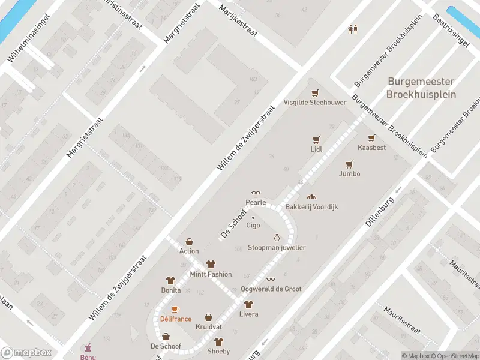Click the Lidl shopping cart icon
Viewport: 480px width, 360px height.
pyautogui.click(x=316, y=139)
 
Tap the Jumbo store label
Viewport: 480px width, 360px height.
pyautogui.click(x=349, y=174)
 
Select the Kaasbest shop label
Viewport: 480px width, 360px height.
pyautogui.click(x=371, y=148)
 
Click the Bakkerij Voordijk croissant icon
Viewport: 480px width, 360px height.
pyautogui.click(x=311, y=196)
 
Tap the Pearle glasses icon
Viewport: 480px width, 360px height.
pyautogui.click(x=256, y=193)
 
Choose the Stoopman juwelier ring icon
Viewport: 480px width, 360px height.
pyautogui.click(x=277, y=238)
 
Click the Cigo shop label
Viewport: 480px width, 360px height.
pyautogui.click(x=253, y=226)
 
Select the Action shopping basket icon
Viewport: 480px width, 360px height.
pyautogui.click(x=189, y=241)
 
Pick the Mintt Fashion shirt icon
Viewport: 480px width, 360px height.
pyautogui.click(x=211, y=264)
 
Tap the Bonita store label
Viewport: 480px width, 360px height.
pyautogui.click(x=171, y=290)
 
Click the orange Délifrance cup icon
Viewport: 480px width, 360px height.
pyautogui.click(x=175, y=309)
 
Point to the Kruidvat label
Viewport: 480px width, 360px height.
pyautogui.click(x=208, y=327)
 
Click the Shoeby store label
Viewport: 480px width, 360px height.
pyautogui.click(x=218, y=351)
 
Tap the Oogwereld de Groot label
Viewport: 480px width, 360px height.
pyautogui.click(x=271, y=289)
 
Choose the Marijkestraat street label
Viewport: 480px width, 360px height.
pyautogui.click(x=238, y=21)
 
